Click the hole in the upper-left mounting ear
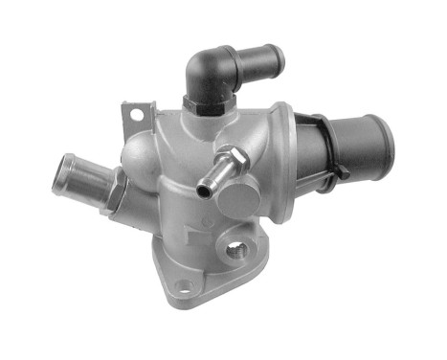136,116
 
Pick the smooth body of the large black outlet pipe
359,144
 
